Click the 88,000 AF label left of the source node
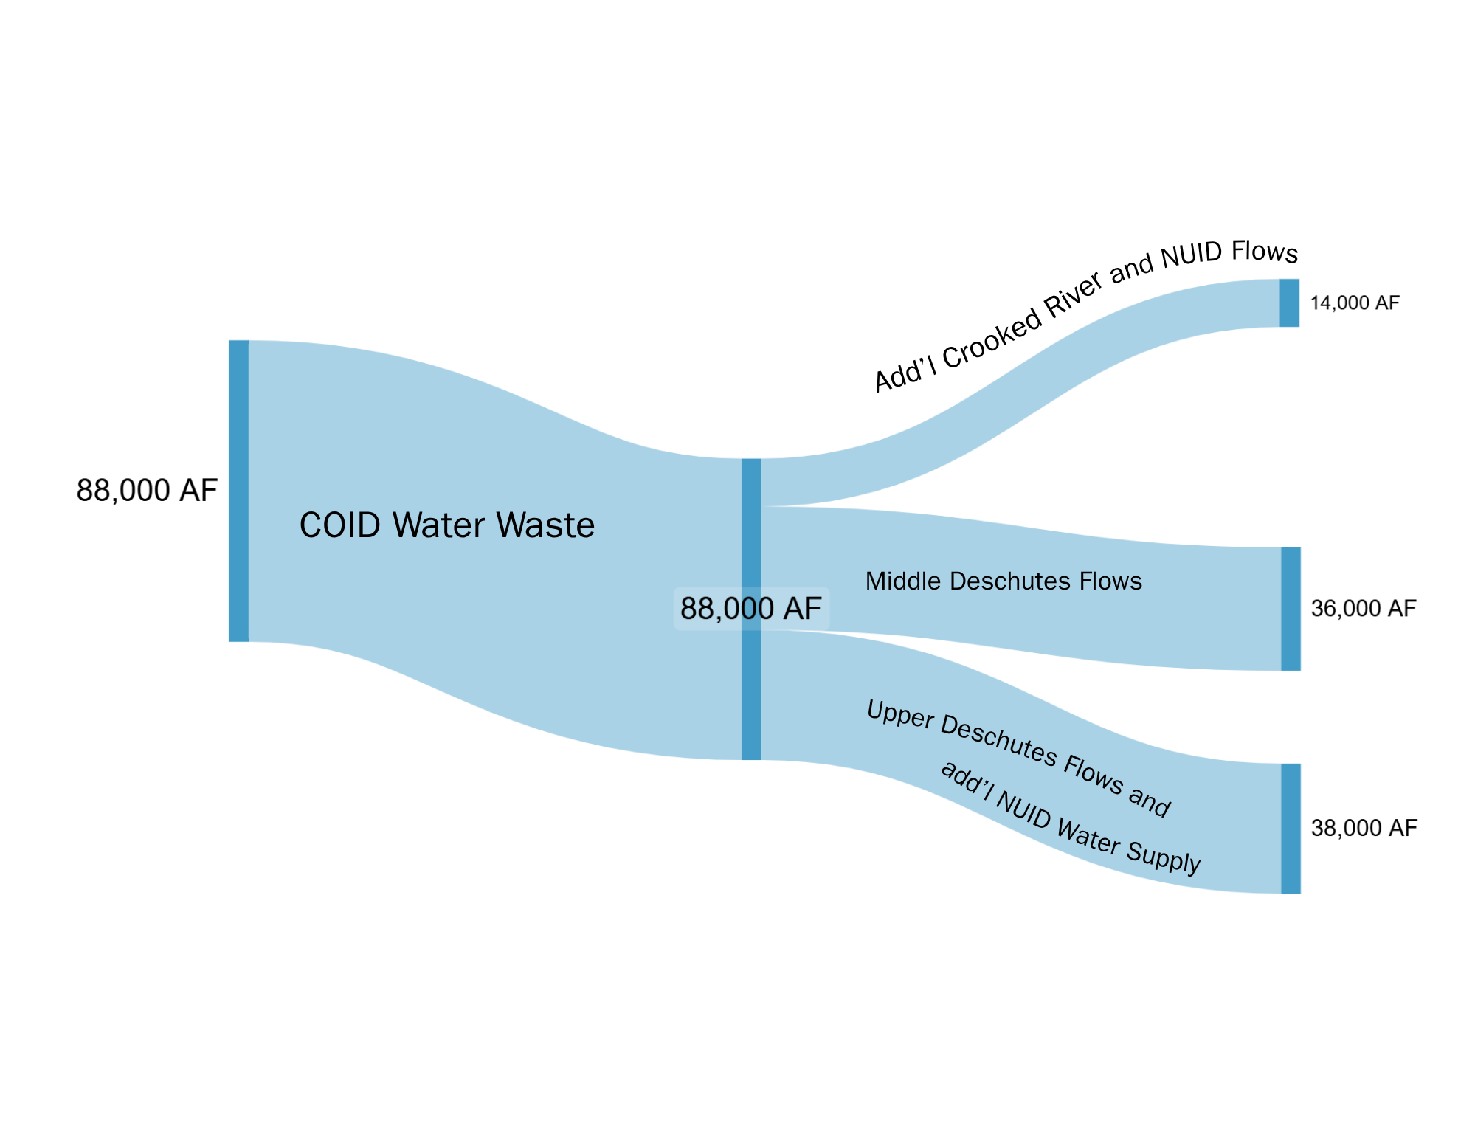(x=147, y=490)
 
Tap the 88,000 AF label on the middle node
(x=751, y=609)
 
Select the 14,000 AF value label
(x=1355, y=303)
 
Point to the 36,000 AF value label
(x=1364, y=609)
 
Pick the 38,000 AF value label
(x=1364, y=828)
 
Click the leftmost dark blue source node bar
(x=238, y=491)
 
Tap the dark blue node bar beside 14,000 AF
(x=1289, y=303)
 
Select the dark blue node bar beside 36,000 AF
(x=1291, y=609)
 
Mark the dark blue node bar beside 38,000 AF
(x=1291, y=829)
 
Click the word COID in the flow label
(x=340, y=525)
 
